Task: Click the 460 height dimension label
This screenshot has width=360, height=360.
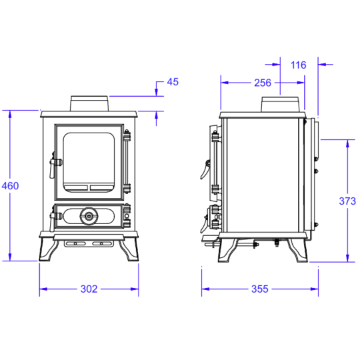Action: [x=10, y=186]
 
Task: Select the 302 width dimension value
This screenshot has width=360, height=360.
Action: [x=89, y=289]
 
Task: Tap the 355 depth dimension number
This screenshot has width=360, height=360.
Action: [x=260, y=289]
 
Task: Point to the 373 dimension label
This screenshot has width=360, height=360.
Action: [x=347, y=201]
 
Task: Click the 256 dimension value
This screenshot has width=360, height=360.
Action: [x=263, y=83]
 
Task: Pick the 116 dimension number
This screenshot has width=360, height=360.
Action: [x=298, y=65]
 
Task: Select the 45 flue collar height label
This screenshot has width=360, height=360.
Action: [x=173, y=82]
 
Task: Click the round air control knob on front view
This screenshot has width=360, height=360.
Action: [x=89, y=216]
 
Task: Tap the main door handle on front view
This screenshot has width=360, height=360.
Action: [x=55, y=165]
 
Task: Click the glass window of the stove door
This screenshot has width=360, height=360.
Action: [x=89, y=161]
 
